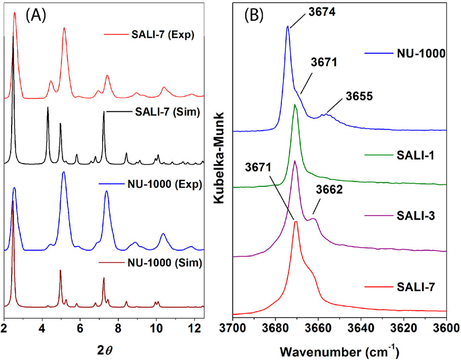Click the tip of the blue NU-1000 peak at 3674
click(x=288, y=26)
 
